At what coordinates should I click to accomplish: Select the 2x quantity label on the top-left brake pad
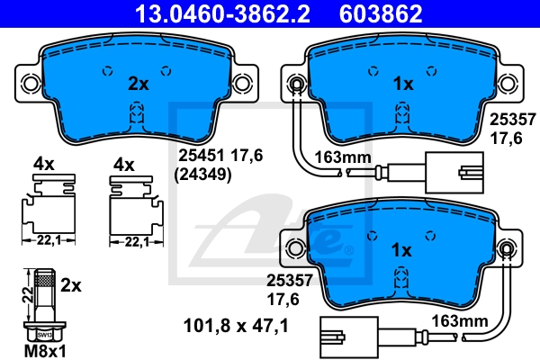tap(137, 84)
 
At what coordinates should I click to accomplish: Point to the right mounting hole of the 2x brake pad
tap(241, 84)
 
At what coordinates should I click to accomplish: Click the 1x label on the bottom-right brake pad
tap(402, 249)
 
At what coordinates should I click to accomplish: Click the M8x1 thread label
tap(44, 349)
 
